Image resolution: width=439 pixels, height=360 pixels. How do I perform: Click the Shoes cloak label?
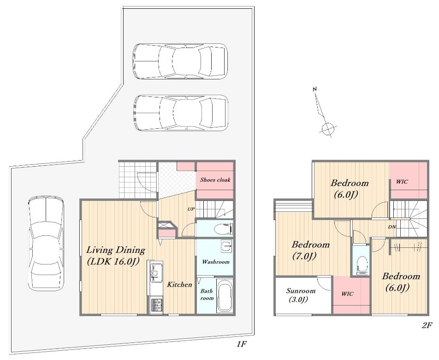coord(215,180)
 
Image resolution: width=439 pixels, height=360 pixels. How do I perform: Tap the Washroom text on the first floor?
coord(216,262)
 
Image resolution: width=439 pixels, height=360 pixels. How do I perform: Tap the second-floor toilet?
coord(362,264)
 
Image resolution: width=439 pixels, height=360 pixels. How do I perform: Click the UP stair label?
coord(191,209)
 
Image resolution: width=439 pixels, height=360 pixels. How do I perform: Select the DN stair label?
coord(392,227)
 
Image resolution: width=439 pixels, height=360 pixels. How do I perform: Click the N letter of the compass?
coord(314,89)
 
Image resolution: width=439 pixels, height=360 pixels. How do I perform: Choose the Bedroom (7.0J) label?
coord(310,250)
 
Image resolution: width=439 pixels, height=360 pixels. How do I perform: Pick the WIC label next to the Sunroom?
coord(347,294)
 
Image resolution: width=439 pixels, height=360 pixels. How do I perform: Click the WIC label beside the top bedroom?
coord(402,181)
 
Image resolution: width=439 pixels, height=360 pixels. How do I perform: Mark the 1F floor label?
coord(241,344)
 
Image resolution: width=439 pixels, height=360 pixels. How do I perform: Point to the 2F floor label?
coord(427,325)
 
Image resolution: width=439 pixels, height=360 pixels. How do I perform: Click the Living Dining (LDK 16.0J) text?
coord(115,255)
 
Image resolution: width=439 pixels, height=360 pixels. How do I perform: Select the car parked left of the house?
coord(46,244)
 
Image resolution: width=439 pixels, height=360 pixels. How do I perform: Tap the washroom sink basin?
coord(226,246)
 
